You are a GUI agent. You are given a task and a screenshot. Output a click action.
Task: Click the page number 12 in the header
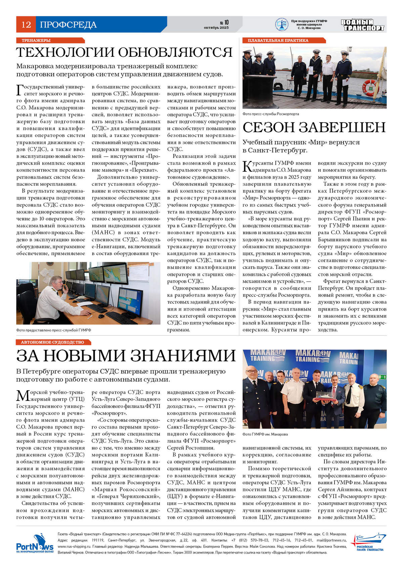coord(26,25)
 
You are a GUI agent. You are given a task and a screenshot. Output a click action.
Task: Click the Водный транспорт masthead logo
coord(362,25)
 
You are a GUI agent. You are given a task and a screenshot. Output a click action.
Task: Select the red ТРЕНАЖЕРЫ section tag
coord(36,40)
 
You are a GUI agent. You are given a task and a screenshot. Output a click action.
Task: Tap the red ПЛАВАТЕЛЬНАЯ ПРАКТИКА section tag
coord(278,40)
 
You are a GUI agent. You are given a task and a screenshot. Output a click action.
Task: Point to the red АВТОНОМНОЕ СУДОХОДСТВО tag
coord(52,342)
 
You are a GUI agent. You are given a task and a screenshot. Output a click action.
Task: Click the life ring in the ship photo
coord(370,88)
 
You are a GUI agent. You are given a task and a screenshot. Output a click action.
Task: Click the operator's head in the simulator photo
coord(56,282)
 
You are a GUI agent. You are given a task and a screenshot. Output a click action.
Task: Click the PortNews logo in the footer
coord(35,543)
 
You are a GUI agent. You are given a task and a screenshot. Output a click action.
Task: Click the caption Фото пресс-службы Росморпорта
coord(271,114)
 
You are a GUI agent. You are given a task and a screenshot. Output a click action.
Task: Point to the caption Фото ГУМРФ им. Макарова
coord(265,434)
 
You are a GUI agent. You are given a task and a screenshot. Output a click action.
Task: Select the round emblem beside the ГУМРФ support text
coord(281,25)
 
